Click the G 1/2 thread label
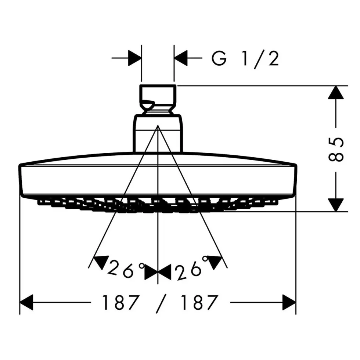pyautogui.click(x=245, y=59)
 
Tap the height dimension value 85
pyautogui.click(x=336, y=150)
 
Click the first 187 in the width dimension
pyautogui.click(x=120, y=303)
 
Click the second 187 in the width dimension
pyautogui.click(x=199, y=303)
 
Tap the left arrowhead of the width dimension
pyautogui.click(x=26, y=302)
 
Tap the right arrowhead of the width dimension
pyautogui.click(x=289, y=302)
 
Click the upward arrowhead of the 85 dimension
pyautogui.click(x=336, y=93)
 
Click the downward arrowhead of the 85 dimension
pyautogui.click(x=336, y=205)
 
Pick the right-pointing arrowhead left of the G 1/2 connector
pyautogui.click(x=135, y=58)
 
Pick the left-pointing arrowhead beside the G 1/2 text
pyautogui.click(x=181, y=58)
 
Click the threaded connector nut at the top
pyautogui.click(x=158, y=99)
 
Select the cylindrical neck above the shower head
pyautogui.click(x=158, y=133)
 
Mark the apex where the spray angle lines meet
pyautogui.click(x=158, y=125)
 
